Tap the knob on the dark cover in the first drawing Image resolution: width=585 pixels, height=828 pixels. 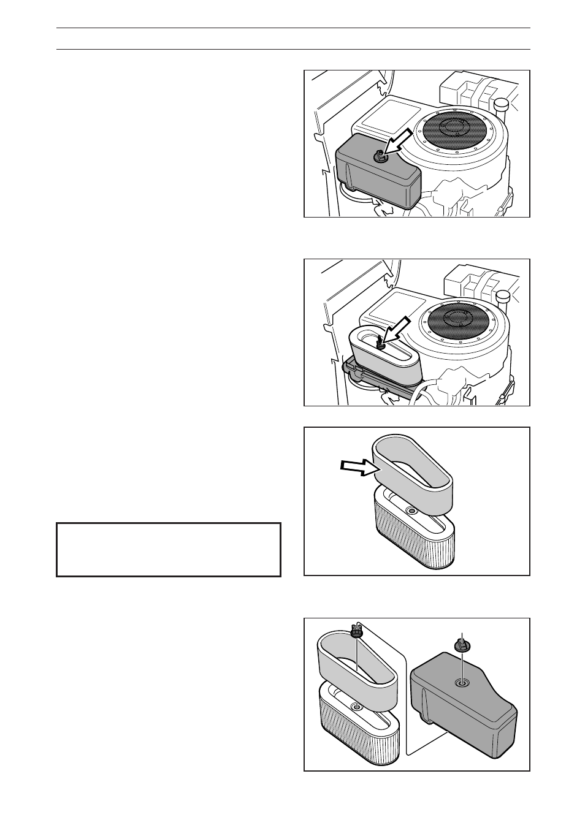pyautogui.click(x=381, y=158)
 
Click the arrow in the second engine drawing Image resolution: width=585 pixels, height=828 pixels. pyautogui.click(x=396, y=329)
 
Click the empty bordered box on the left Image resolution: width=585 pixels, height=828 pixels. pyautogui.click(x=168, y=549)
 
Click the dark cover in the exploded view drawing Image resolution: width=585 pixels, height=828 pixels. pyautogui.click(x=466, y=711)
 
